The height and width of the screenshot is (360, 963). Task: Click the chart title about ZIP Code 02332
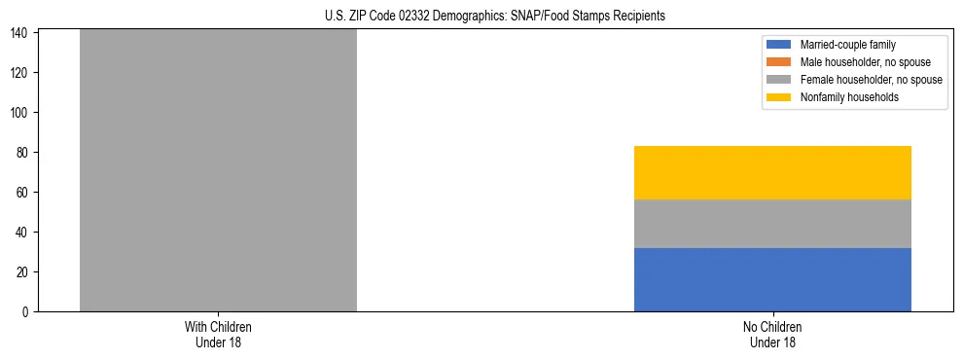(495, 16)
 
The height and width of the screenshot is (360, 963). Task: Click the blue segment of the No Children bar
(772, 279)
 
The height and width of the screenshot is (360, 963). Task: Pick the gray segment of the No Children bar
(772, 224)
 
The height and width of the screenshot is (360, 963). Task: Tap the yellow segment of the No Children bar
(772, 172)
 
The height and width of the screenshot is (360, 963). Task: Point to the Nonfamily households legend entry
(849, 97)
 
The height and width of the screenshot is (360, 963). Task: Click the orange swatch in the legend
(779, 62)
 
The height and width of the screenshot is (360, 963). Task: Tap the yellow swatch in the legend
(779, 97)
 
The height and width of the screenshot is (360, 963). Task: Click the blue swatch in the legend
(779, 45)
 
